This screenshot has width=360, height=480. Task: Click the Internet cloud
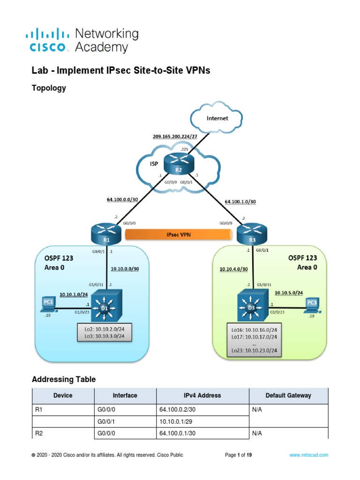[x=217, y=119]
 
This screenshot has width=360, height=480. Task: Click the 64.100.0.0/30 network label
[x=123, y=200]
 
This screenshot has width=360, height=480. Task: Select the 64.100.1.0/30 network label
[x=240, y=202]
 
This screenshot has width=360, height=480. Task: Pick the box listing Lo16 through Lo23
[x=255, y=340]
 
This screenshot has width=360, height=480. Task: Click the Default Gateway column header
[x=288, y=396]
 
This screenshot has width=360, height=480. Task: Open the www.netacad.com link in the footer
[x=308, y=455]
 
